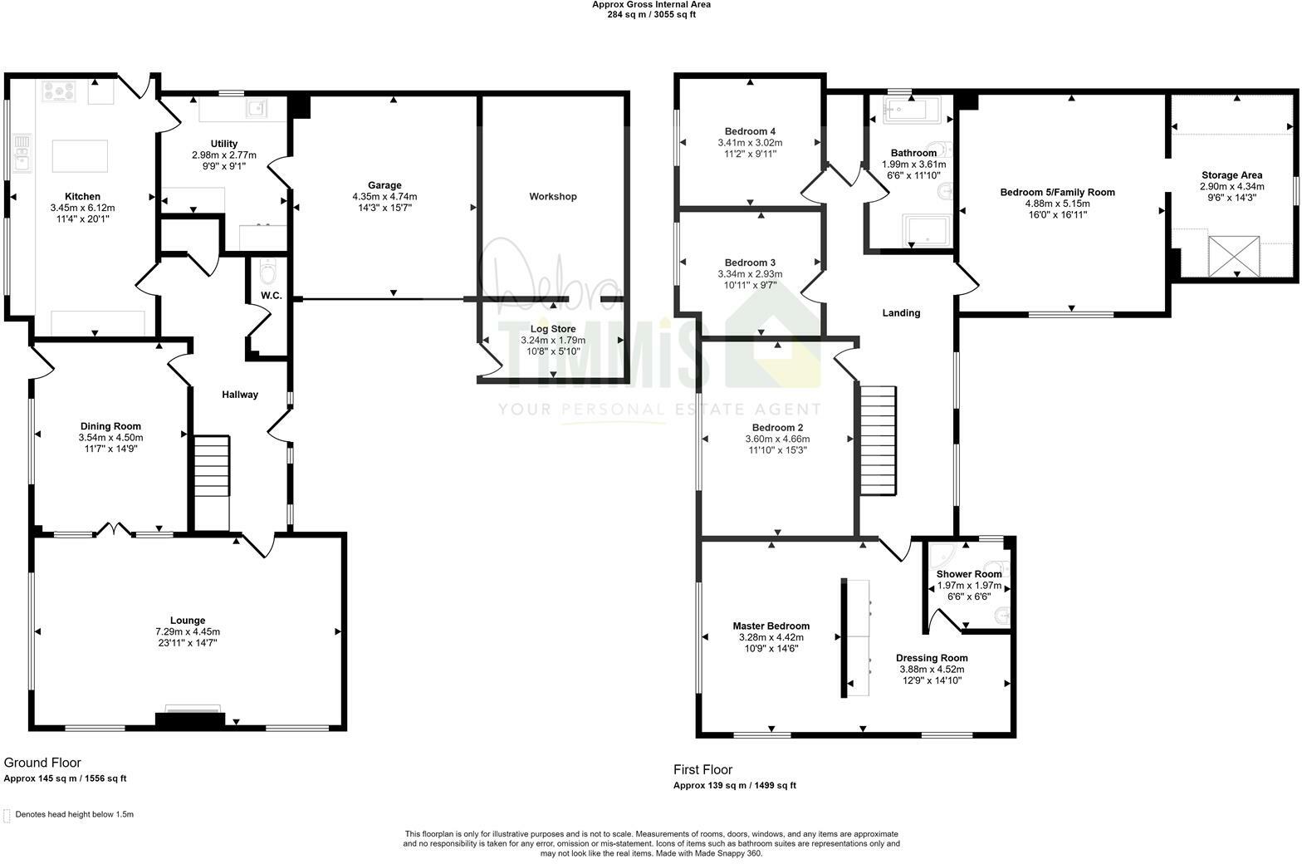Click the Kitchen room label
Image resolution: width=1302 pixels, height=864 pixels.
tap(82, 197)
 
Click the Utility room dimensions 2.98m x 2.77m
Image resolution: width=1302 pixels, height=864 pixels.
tap(223, 155)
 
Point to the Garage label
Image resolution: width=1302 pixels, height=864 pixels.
tap(384, 185)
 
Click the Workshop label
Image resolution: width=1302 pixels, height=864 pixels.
tap(552, 197)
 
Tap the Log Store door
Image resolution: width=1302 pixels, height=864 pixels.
tap(491, 359)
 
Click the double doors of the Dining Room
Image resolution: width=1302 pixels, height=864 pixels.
tap(115, 529)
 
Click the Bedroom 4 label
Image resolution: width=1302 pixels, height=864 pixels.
tap(750, 131)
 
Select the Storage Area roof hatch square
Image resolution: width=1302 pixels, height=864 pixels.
tap(1233, 257)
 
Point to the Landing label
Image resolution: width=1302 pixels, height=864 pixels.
tap(900, 313)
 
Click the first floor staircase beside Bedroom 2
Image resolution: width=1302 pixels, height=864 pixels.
tap(878, 440)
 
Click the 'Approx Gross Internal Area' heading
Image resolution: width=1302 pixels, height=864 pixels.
tap(651, 4)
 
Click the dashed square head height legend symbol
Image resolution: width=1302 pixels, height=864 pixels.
tap(7, 815)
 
